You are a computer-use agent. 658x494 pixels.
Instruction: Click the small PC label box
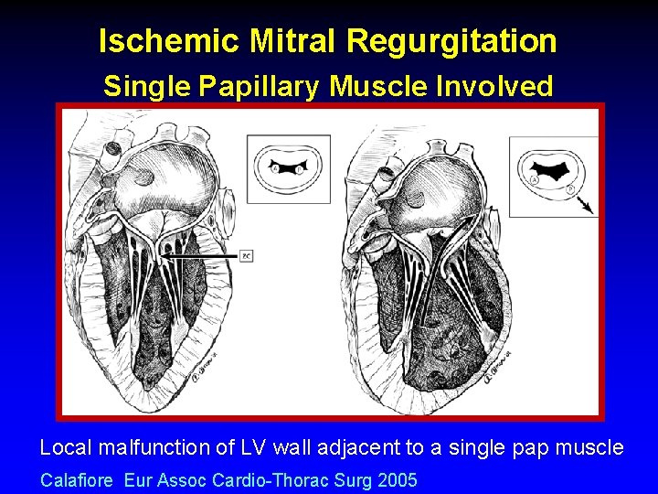coord(246,256)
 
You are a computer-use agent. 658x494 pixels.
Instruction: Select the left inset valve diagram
coord(288,168)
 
